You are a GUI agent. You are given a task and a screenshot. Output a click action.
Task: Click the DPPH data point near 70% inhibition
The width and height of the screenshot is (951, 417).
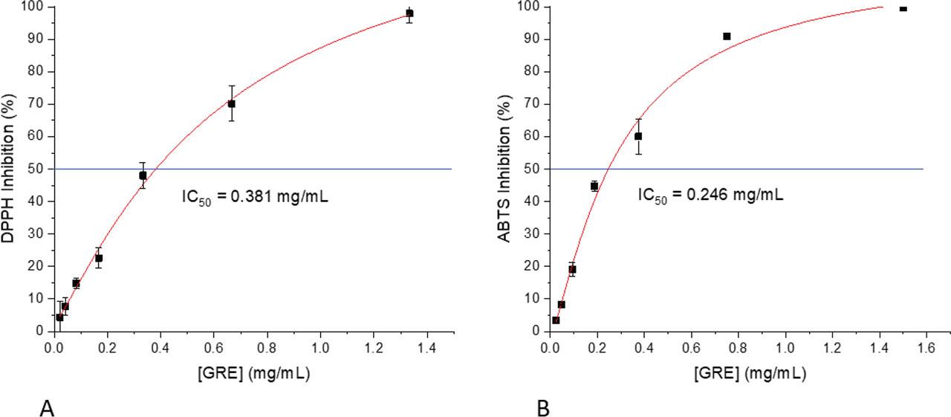click(231, 104)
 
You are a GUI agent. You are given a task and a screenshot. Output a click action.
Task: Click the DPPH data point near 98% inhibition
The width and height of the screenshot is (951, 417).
click(409, 13)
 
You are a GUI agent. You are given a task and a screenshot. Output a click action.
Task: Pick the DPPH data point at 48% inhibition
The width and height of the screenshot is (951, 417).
click(143, 175)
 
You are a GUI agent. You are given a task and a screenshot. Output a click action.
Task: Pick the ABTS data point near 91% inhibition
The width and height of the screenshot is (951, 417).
click(727, 36)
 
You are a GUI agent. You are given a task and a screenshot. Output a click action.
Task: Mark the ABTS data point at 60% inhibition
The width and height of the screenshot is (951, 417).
click(638, 136)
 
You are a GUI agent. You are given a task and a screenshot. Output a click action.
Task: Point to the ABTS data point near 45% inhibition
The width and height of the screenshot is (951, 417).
click(594, 186)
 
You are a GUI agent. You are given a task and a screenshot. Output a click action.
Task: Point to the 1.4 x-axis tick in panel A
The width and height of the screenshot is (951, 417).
click(427, 346)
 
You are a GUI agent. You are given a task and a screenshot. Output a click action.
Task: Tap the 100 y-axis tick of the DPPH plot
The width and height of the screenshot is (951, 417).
click(34, 7)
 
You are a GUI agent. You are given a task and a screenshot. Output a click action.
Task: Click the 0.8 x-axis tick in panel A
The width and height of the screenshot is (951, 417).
click(267, 346)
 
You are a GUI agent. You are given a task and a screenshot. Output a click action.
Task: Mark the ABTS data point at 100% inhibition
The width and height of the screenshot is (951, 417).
click(903, 8)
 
